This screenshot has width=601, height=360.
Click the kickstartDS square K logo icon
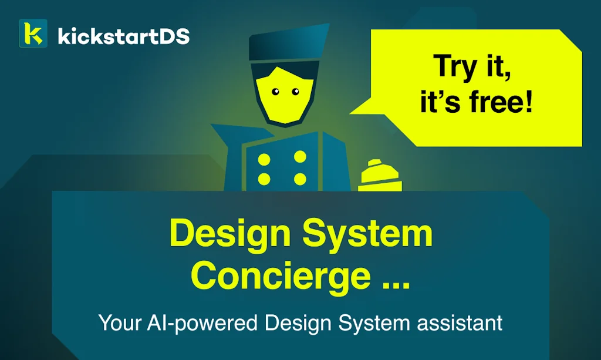(33, 33)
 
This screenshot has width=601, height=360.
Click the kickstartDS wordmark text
(124, 36)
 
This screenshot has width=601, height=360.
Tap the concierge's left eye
(276, 92)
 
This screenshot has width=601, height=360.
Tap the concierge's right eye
(296, 91)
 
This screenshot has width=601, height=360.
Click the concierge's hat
(288, 43)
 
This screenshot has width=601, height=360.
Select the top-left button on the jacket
(264, 160)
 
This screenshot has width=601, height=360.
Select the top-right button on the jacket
(300, 157)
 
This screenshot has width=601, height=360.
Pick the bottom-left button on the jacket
(264, 179)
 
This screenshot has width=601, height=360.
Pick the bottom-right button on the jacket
(300, 179)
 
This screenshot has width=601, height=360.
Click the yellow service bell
(380, 176)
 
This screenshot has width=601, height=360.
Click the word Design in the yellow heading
(230, 233)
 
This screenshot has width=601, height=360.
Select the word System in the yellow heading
(367, 234)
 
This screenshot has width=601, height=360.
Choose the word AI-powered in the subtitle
(202, 323)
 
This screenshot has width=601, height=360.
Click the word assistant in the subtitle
(460, 323)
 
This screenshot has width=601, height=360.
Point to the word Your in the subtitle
(120, 322)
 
